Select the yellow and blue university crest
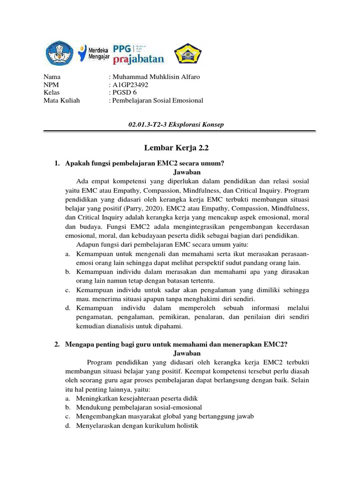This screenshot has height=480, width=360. coord(188,54)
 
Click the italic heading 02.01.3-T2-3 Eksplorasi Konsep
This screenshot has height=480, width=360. coord(176,124)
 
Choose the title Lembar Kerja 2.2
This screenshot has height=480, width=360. coord(180,148)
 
